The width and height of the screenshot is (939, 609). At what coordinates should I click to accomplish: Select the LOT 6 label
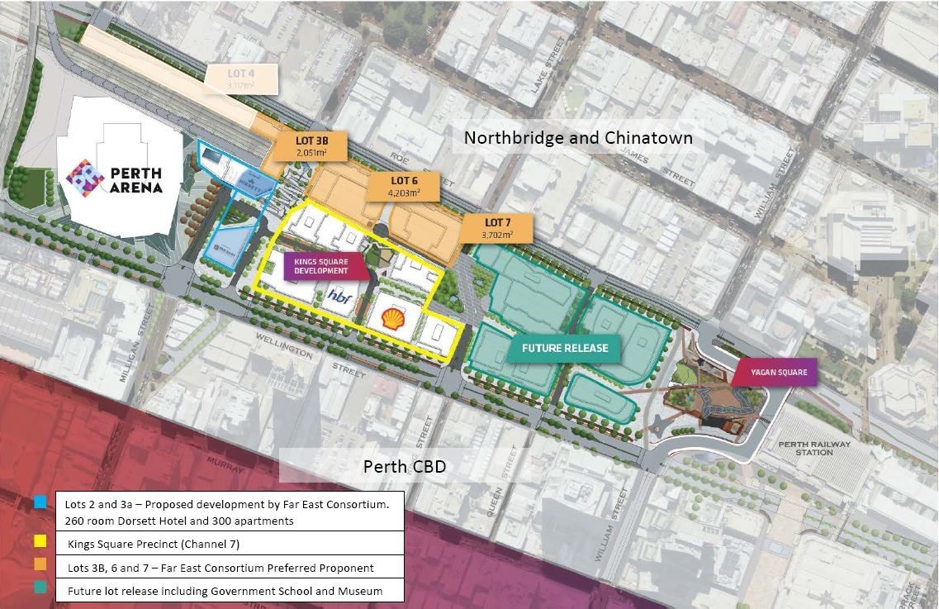404,185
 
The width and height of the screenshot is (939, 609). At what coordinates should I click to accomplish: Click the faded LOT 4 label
242,78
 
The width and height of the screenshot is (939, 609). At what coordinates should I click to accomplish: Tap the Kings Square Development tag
315,265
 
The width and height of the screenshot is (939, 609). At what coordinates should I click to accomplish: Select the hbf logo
339,296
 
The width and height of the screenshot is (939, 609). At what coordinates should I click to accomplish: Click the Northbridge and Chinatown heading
578,137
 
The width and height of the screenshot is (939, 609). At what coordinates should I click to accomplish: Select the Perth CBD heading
405,467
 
